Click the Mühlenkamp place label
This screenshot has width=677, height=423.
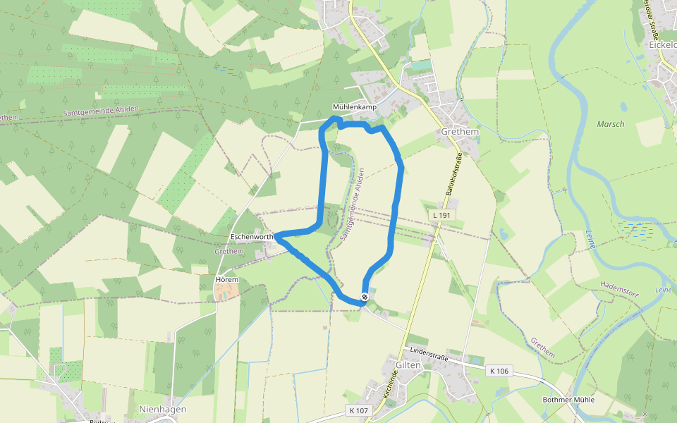tap(355, 107)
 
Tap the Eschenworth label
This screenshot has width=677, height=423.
tap(252, 238)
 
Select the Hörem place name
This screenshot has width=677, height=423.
tap(227, 280)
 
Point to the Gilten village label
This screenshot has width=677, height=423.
tap(408, 365)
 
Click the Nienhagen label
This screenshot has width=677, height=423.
tap(163, 409)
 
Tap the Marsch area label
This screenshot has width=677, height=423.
tap(611, 124)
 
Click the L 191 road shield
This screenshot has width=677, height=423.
tap(441, 214)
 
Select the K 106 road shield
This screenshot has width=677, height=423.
tap(499, 370)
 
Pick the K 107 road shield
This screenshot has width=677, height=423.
tap(358, 410)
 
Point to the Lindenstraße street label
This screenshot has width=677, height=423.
tap(429, 350)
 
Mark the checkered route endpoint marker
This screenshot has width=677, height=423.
tap(365, 297)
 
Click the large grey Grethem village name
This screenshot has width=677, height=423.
tap(459, 132)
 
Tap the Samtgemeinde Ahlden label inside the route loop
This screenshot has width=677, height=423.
tap(353, 205)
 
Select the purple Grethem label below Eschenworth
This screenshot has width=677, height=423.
tap(228, 251)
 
